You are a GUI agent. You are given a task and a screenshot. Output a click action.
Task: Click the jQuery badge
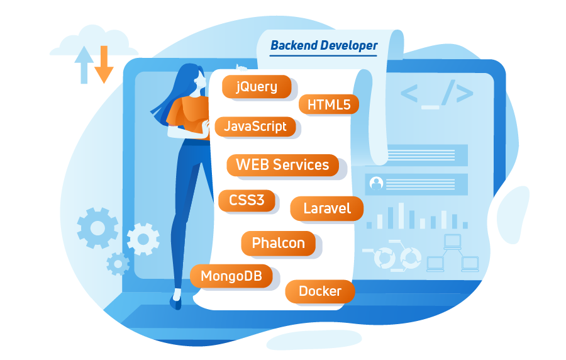pos(257,87)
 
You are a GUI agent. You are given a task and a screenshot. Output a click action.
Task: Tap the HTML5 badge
pos(329,104)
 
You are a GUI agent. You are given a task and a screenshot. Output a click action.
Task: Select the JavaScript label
pos(255,127)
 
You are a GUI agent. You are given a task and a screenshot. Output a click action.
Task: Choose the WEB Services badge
pos(282,165)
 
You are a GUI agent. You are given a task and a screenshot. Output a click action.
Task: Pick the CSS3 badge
pos(247,200)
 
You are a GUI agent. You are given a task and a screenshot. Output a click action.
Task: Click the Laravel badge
pos(326,208)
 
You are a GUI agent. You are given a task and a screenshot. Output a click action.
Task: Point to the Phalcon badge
pos(279,243)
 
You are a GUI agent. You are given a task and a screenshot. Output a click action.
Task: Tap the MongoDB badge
pos(231,276)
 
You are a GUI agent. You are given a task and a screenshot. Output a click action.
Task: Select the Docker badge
pos(320,291)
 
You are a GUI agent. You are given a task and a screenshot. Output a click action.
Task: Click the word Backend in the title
pos(294,45)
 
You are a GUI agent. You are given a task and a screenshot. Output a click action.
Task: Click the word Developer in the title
pos(349,46)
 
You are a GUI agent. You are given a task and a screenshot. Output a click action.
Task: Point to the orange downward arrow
pos(104,64)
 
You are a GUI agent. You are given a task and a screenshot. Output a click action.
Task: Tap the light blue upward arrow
pos(84,65)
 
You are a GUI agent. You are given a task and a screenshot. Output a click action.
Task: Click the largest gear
pos(97,228)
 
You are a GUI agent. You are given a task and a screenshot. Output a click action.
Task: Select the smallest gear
pos(118,264)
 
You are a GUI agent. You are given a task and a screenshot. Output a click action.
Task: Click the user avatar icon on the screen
pos(376,183)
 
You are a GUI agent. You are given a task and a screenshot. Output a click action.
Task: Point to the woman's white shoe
pos(177,295)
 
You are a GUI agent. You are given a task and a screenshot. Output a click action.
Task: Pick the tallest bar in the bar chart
pos(401,216)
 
